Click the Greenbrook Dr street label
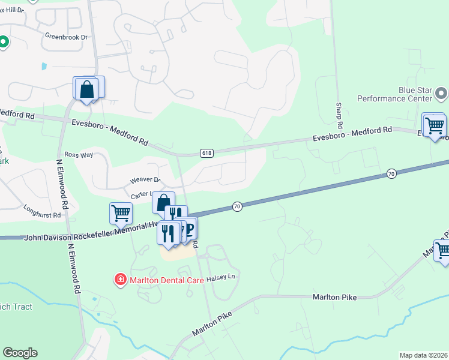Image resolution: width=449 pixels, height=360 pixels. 66,37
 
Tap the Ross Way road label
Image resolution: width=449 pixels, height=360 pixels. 79,155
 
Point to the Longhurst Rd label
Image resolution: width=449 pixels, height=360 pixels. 43,214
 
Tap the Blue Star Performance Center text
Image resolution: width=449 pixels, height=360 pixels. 394,94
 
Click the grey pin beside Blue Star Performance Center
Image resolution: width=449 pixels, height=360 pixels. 441,93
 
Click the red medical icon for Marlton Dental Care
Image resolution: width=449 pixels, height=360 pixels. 121,279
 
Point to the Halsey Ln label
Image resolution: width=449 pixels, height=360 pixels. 218,279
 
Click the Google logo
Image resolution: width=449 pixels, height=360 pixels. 20,353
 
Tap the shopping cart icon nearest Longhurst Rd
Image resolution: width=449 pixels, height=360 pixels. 121,213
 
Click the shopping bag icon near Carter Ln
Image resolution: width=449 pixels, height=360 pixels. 163,202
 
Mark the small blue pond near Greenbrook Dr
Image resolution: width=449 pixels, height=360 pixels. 44,65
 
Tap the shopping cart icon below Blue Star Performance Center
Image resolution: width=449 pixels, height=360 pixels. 435,126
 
